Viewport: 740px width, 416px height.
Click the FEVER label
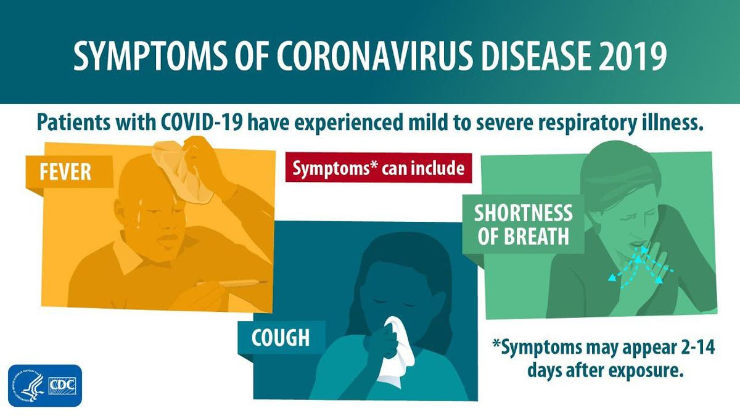tap(65, 172)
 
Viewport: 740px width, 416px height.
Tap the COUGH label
tap(281, 338)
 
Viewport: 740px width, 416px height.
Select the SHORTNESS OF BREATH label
tap(524, 224)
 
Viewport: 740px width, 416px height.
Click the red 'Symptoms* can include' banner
tap(379, 168)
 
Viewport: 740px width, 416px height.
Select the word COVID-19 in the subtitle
tap(202, 122)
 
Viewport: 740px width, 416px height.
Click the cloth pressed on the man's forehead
tap(182, 173)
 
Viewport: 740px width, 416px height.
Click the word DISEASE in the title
tap(536, 55)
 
